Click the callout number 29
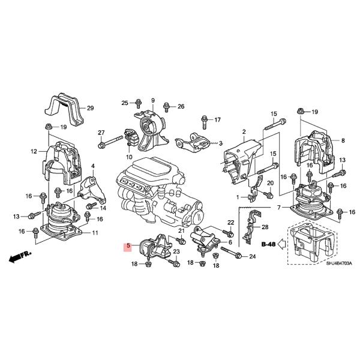click(91, 109)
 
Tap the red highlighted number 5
click(128, 246)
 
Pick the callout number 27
click(101, 133)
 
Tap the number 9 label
click(152, 100)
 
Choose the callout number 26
click(181, 106)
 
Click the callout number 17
click(217, 119)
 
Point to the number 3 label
click(221, 143)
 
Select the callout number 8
click(343, 140)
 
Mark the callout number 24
click(252, 257)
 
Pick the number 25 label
click(125, 103)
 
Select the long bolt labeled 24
click(231, 253)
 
